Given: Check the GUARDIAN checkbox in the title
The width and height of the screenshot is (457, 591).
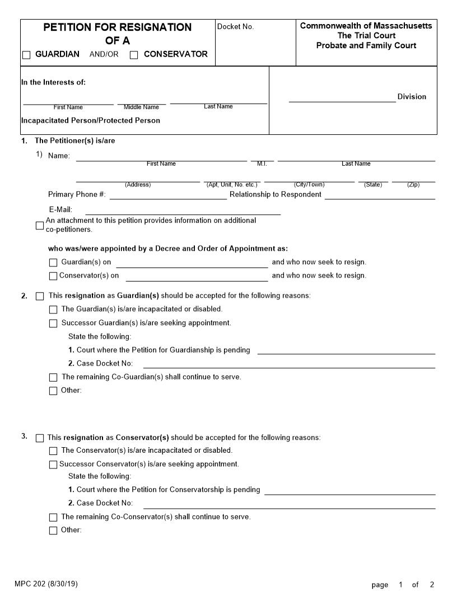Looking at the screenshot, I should pyautogui.click(x=26, y=55).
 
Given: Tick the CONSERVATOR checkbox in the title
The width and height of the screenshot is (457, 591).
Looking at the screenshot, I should pyautogui.click(x=134, y=55).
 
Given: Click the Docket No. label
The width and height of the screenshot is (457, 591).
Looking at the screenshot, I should pyautogui.click(x=235, y=27).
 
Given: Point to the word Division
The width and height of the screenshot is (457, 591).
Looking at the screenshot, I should pyautogui.click(x=412, y=97).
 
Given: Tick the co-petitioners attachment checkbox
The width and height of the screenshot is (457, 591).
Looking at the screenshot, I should pyautogui.click(x=40, y=226).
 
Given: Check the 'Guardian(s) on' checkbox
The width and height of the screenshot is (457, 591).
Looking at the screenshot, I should pyautogui.click(x=53, y=262).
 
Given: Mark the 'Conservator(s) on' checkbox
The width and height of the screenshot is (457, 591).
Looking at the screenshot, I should pyautogui.click(x=53, y=276).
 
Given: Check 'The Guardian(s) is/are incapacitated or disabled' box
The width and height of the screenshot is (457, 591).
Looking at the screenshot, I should pyautogui.click(x=53, y=309).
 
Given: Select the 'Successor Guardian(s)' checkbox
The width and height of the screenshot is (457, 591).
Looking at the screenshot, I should pyautogui.click(x=53, y=323).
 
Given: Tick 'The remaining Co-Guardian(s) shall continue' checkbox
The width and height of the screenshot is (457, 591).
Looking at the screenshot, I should pyautogui.click(x=53, y=377).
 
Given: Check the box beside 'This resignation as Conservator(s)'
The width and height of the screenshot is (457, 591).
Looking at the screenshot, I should pyautogui.click(x=40, y=438).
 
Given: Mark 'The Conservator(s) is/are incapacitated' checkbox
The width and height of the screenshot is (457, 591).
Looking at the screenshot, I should pyautogui.click(x=53, y=451).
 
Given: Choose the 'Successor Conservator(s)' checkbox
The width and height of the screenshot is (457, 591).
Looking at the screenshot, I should pyautogui.click(x=53, y=465).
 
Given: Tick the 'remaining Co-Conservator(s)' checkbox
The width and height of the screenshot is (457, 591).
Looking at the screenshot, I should pyautogui.click(x=53, y=517).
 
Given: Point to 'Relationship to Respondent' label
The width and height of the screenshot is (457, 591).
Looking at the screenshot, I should pyautogui.click(x=276, y=195).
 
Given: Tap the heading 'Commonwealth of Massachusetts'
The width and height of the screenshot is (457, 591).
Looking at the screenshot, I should pyautogui.click(x=366, y=26).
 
